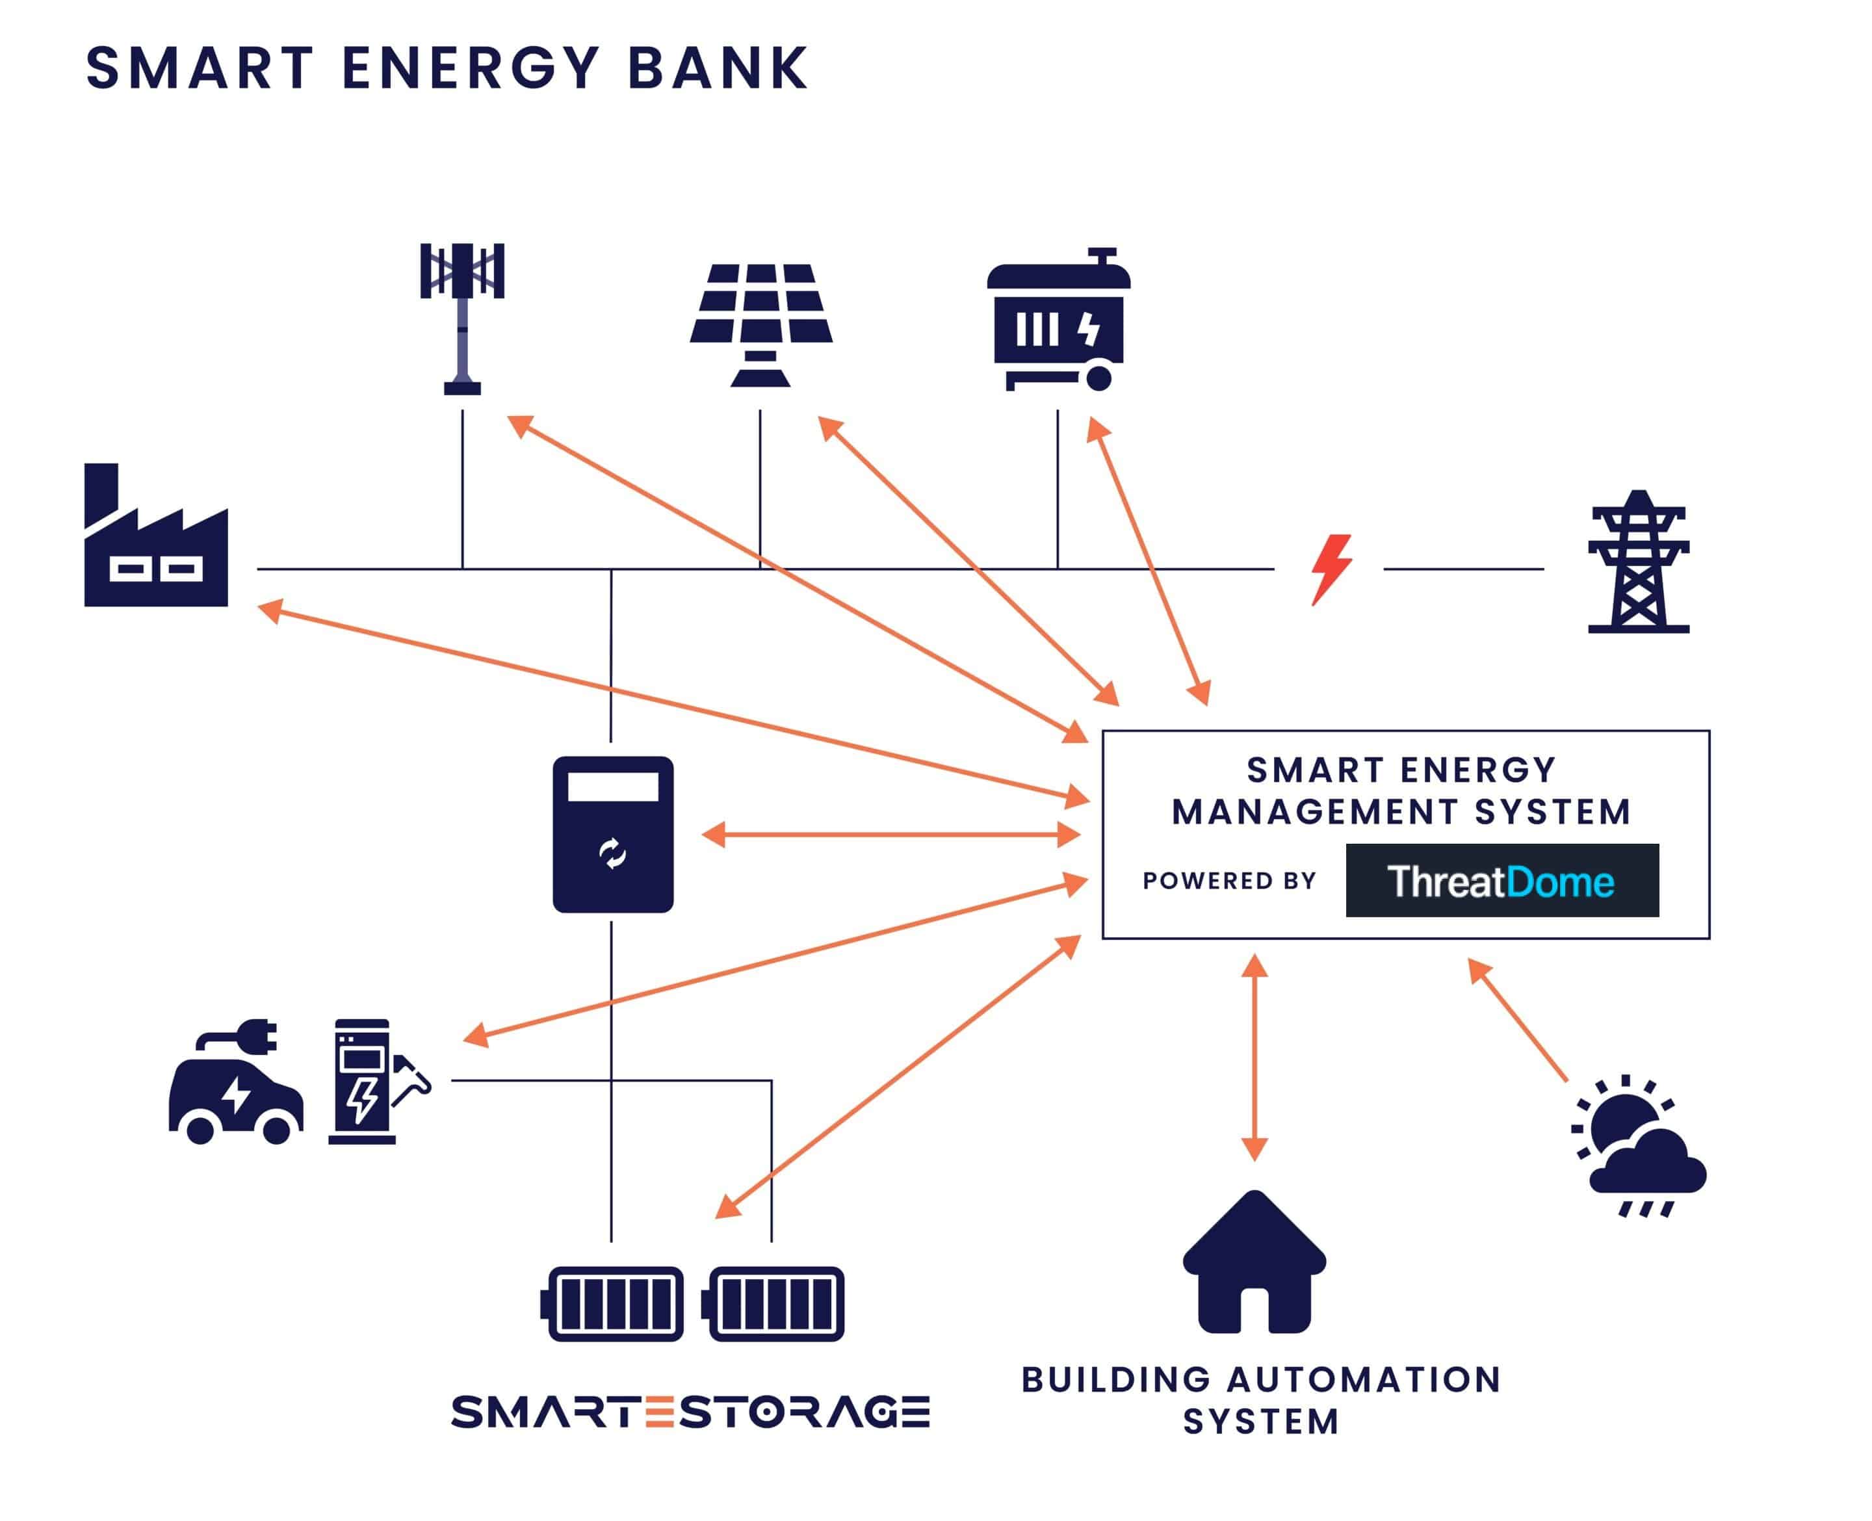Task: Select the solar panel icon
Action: pos(760,325)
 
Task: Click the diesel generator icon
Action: pos(1058,320)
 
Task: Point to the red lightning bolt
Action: pos(1331,569)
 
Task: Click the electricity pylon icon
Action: pos(1637,562)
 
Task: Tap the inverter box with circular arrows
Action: pos(612,834)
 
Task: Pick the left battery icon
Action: pos(612,1304)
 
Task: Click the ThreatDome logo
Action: pos(1501,881)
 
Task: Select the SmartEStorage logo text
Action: pos(690,1412)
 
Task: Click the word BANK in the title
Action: pos(718,68)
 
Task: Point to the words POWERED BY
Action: pos(1229,881)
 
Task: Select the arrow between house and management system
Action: pos(1254,1057)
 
